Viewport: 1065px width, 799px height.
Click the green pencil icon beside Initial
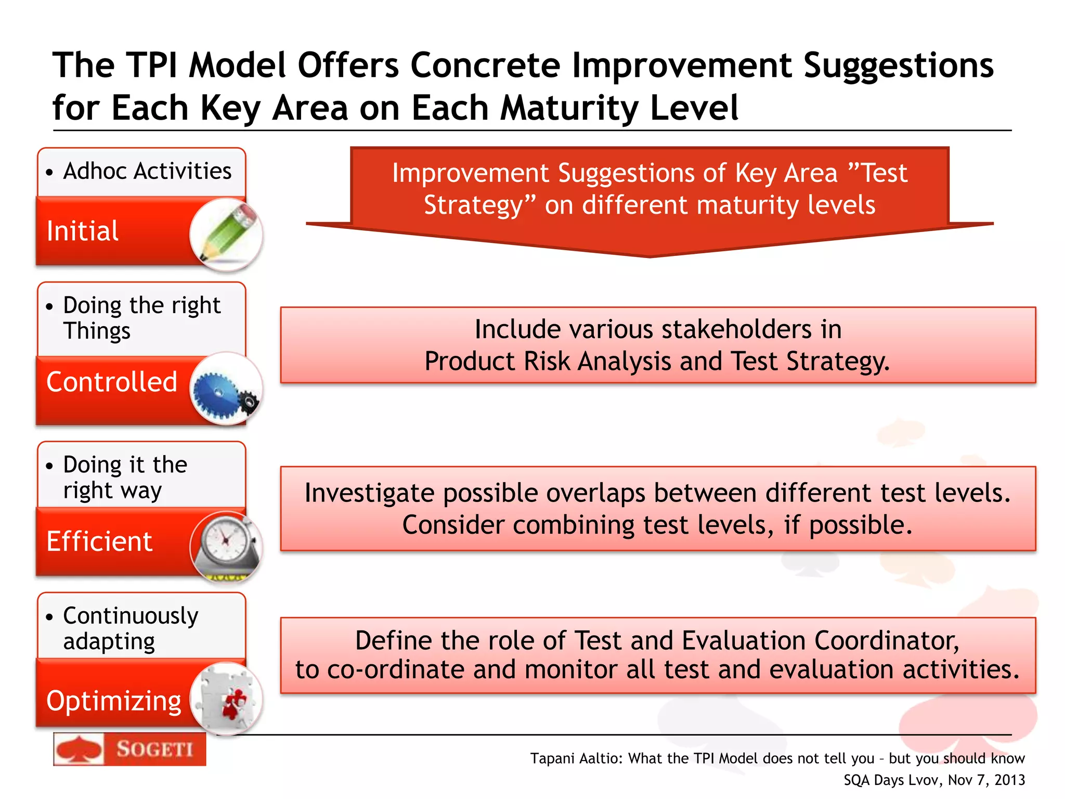(x=227, y=234)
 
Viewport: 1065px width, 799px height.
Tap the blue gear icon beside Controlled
(x=225, y=390)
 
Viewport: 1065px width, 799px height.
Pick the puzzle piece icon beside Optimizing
(x=228, y=699)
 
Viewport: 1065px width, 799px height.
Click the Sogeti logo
(x=129, y=750)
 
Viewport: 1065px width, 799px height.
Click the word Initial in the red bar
(x=83, y=231)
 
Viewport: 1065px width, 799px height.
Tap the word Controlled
(x=112, y=382)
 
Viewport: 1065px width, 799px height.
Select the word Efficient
(x=99, y=542)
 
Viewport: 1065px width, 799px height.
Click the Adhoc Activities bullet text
(x=147, y=171)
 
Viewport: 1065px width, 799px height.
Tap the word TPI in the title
(x=153, y=66)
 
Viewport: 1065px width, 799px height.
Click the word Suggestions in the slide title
(x=898, y=66)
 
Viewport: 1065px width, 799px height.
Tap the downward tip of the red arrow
(x=650, y=254)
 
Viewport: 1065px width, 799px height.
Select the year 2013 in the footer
(x=1009, y=780)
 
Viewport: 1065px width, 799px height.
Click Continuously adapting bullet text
(x=130, y=628)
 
